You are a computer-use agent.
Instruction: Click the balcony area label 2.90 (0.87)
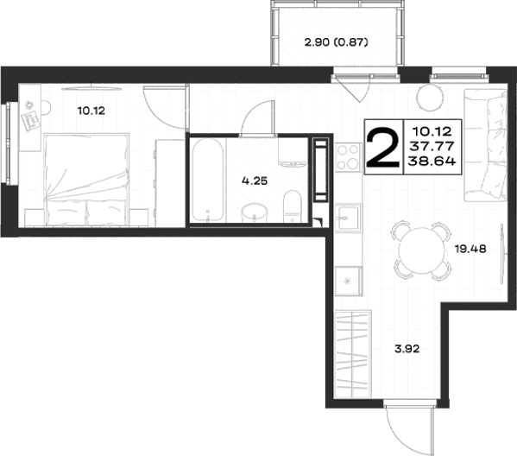click(x=336, y=42)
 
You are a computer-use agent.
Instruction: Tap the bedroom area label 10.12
click(x=91, y=111)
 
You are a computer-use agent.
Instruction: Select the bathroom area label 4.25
click(x=255, y=180)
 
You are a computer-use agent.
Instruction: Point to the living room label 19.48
click(x=470, y=249)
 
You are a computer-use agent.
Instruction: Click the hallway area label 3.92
click(x=407, y=348)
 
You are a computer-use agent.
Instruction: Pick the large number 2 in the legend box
click(x=383, y=147)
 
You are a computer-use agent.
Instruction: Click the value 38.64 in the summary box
click(x=432, y=161)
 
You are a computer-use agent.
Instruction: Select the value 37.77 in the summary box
click(x=432, y=146)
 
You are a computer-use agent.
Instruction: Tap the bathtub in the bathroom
click(x=208, y=180)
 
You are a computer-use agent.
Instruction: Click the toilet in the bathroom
click(x=293, y=206)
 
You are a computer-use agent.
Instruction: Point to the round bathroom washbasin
click(x=254, y=212)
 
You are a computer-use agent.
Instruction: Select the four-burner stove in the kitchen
click(x=348, y=157)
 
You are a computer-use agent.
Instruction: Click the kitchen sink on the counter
click(x=348, y=218)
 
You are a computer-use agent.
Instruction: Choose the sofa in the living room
click(x=485, y=145)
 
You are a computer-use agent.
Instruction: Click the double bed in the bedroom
click(x=86, y=180)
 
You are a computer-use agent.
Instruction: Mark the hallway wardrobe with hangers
click(x=353, y=354)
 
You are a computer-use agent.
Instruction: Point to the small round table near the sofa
click(x=430, y=97)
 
